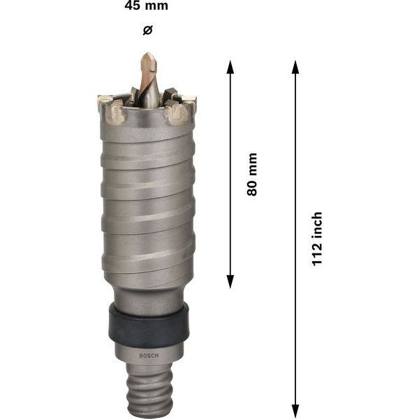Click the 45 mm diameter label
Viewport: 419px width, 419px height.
point(147,7)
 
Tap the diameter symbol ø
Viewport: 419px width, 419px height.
point(147,30)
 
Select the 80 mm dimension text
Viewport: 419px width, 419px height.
point(252,175)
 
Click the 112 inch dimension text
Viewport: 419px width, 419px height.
point(316,240)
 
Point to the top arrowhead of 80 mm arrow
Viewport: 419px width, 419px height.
point(230,67)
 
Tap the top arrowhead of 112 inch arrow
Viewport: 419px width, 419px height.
point(295,67)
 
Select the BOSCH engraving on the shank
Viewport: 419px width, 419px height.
point(149,355)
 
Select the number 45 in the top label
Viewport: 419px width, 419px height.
point(133,7)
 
